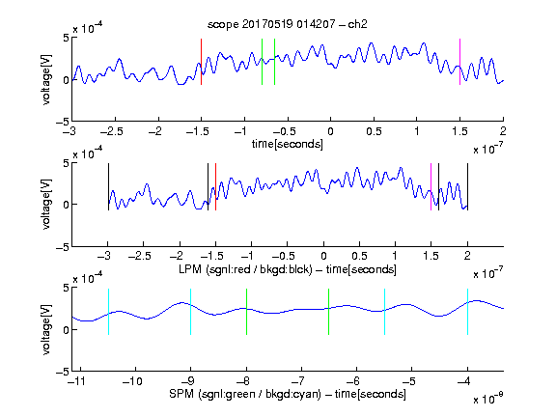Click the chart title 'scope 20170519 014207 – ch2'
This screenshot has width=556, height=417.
click(x=288, y=24)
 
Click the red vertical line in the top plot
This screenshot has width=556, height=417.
click(x=201, y=62)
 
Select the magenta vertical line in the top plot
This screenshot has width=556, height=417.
click(x=459, y=62)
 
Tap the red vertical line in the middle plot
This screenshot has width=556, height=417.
click(x=215, y=187)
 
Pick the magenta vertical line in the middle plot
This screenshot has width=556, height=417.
click(x=431, y=187)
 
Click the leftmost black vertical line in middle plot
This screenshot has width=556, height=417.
click(x=108, y=187)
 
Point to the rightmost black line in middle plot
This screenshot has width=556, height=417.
click(x=467, y=187)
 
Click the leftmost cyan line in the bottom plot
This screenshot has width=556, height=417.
click(x=108, y=312)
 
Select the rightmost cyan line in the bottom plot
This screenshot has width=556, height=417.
click(x=467, y=312)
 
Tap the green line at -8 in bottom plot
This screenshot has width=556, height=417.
click(x=246, y=312)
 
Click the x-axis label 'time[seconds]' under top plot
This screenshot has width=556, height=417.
click(x=288, y=144)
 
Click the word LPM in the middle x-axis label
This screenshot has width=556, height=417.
click(x=190, y=268)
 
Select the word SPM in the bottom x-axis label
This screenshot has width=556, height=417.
click(x=181, y=394)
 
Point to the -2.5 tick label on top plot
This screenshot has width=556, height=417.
click(x=112, y=131)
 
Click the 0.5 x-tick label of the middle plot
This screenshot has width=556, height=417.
click(x=359, y=256)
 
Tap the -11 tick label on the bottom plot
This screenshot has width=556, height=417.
click(x=77, y=381)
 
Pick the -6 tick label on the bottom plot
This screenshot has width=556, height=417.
click(x=353, y=381)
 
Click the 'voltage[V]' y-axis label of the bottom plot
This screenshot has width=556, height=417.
click(x=46, y=329)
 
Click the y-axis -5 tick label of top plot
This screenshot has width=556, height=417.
click(x=63, y=123)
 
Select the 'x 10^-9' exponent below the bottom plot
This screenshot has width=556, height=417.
click(x=488, y=398)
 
